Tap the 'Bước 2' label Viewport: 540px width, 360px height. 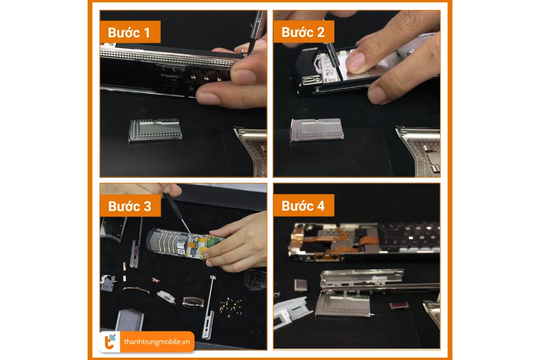(x=303, y=32)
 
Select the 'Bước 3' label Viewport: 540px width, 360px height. (x=130, y=206)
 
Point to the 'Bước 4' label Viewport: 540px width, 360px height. (x=303, y=206)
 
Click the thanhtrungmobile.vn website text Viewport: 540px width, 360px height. (x=157, y=342)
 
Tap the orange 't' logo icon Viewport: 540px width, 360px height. (x=110, y=342)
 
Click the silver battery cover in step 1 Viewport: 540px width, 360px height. (x=156, y=130)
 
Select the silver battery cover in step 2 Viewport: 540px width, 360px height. (x=317, y=130)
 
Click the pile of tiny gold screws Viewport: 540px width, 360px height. (x=231, y=306)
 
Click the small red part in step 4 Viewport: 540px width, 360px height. (x=399, y=306)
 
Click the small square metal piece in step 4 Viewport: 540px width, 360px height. (x=301, y=285)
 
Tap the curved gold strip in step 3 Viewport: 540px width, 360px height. (x=136, y=290)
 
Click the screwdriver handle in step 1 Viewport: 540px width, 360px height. (x=257, y=24)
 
